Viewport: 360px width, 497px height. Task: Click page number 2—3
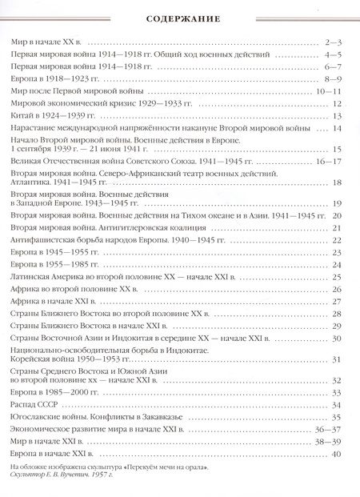[x=334, y=40]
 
